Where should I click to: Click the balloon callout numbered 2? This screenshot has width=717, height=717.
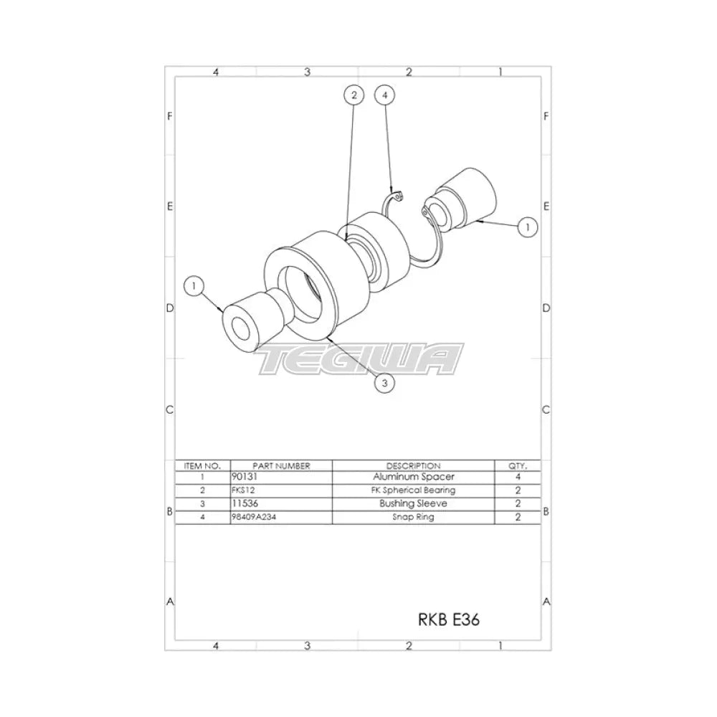click(353, 95)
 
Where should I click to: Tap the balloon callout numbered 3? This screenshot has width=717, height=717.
click(385, 384)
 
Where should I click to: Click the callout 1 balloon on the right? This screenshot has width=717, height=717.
click(527, 227)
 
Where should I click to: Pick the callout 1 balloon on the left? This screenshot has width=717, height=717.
click(193, 286)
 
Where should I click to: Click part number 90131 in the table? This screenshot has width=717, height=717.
click(245, 477)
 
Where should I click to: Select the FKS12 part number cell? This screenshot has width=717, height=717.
click(243, 490)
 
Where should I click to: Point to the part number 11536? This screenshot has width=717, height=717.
click(245, 504)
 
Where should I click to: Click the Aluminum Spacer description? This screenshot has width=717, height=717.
click(413, 477)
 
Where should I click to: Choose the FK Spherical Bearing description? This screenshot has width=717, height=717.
click(413, 490)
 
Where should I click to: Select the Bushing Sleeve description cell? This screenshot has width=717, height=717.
click(413, 504)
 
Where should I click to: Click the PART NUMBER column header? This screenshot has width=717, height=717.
click(271, 465)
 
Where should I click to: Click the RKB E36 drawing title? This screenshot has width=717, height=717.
click(448, 620)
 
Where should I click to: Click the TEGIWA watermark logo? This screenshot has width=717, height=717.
click(361, 360)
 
